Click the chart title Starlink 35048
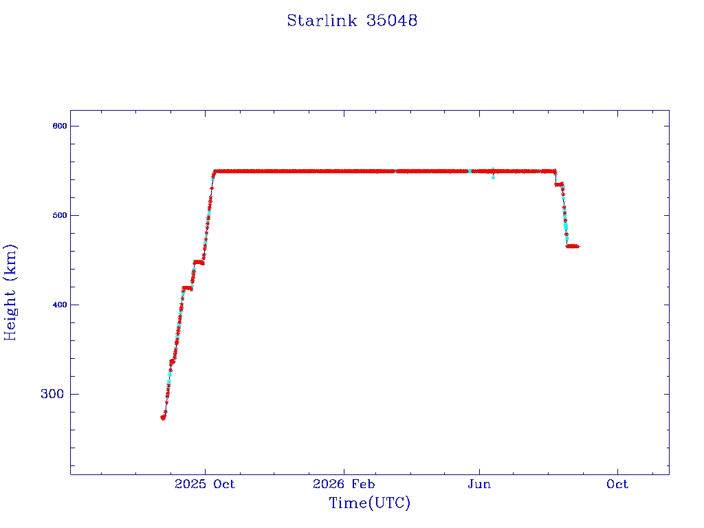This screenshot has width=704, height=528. [352, 21]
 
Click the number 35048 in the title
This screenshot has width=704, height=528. [392, 21]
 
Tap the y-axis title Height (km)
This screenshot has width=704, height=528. [10, 292]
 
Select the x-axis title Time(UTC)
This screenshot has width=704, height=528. [369, 503]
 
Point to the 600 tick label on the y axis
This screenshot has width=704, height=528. [60, 126]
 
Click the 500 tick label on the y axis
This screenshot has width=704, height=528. [60, 215]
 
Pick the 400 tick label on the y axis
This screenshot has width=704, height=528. [60, 305]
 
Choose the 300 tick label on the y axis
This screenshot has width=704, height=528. [52, 394]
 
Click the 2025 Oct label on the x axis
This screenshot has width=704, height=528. [205, 484]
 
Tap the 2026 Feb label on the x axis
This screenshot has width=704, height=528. [344, 484]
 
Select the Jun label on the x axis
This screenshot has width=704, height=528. [479, 484]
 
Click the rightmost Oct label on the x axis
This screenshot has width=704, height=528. [617, 484]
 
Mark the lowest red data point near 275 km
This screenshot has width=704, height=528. [163, 417]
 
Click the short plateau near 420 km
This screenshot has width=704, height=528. [187, 288]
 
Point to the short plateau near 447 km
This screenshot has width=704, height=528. [199, 263]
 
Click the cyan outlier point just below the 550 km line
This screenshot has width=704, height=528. [493, 177]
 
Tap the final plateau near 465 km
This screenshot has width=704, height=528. [573, 246]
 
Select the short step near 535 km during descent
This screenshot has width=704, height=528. [559, 184]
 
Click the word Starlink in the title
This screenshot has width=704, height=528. [322, 21]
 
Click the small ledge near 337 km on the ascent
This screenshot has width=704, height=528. [172, 362]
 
